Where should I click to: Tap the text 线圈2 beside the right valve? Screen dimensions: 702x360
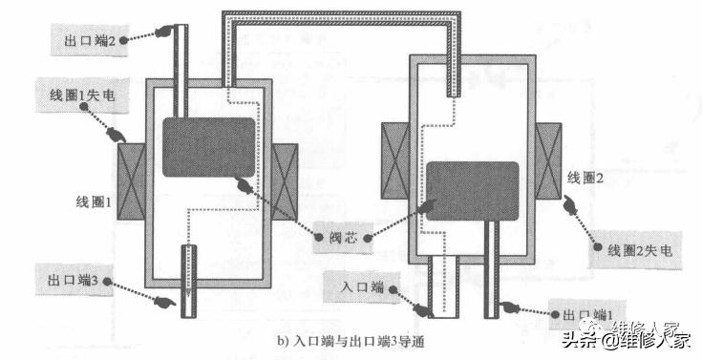pyautogui.click(x=587, y=179)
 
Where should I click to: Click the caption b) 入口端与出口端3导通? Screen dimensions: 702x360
pyautogui.click(x=350, y=340)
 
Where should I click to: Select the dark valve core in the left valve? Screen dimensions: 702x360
pyautogui.click(x=208, y=146)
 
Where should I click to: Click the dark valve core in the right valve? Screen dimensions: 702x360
pyautogui.click(x=473, y=191)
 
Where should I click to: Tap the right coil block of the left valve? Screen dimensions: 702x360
pyautogui.click(x=284, y=181)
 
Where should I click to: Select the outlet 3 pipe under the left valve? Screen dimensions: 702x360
pyautogui.click(x=187, y=277)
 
